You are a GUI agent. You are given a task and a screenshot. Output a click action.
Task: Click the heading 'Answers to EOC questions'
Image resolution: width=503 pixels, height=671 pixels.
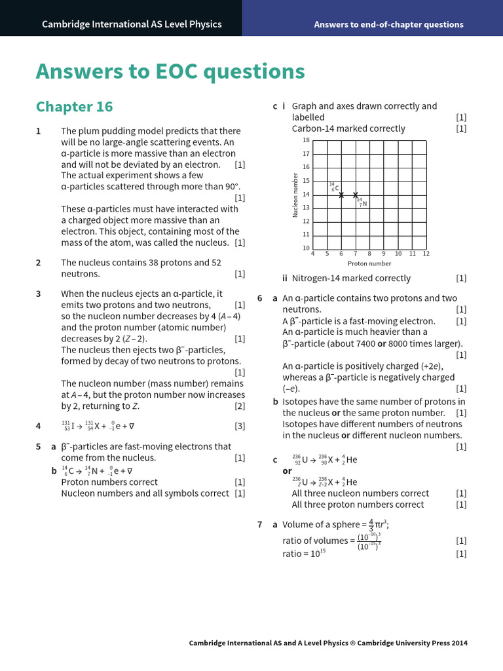[x=170, y=71]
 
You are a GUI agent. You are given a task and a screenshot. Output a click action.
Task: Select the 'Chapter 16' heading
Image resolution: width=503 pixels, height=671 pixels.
[x=74, y=107]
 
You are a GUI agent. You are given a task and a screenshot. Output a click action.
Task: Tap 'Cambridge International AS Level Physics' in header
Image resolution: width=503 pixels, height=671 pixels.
[x=132, y=24]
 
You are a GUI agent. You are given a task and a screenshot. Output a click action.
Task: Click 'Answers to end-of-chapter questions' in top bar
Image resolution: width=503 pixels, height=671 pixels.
[x=388, y=24]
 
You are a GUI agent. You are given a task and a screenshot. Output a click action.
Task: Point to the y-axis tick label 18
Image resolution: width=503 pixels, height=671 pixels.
[x=306, y=140]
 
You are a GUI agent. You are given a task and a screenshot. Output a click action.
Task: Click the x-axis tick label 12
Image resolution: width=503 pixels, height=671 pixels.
[x=426, y=254]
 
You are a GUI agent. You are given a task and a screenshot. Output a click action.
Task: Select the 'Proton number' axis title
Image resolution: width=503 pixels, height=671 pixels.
[x=369, y=263]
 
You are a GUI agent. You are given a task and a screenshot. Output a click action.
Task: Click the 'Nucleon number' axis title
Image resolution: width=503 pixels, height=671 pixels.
[x=295, y=195]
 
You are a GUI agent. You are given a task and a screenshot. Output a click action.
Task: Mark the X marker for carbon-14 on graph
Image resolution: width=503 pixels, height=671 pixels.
[x=341, y=195]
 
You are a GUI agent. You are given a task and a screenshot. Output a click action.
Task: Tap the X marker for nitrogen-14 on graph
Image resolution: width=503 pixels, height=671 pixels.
[x=356, y=195]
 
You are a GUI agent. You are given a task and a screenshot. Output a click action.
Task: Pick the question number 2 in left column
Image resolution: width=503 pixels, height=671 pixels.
[x=39, y=263]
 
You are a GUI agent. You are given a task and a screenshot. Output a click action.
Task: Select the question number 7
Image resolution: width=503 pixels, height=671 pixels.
[x=260, y=524]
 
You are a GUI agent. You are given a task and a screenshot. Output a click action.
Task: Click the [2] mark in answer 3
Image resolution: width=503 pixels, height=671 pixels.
[x=240, y=406]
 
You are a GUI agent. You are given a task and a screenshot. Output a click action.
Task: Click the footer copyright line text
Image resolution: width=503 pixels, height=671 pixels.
[x=328, y=643]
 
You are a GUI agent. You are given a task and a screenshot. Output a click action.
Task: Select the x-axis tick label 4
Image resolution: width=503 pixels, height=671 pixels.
[x=312, y=254]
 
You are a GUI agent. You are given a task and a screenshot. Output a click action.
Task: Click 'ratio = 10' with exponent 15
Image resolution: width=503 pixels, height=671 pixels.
[x=304, y=554]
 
